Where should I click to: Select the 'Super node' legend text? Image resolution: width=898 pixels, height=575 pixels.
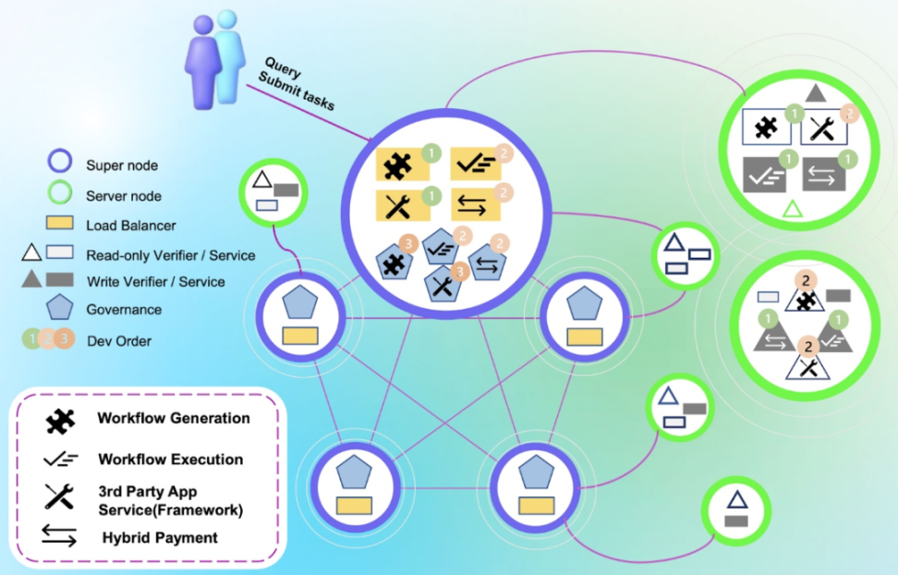point(122,165)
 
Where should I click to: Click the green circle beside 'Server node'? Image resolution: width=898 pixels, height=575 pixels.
point(59,195)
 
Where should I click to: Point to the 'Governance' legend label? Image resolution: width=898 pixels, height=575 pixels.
point(124,310)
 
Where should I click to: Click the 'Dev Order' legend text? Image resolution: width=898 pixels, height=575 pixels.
point(119,340)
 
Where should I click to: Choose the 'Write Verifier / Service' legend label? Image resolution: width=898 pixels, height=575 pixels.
point(154,281)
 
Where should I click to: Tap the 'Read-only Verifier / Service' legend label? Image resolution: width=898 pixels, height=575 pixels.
point(170,254)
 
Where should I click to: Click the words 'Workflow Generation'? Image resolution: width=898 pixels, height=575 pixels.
point(174,418)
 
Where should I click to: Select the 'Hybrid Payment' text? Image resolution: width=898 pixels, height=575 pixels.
point(160,538)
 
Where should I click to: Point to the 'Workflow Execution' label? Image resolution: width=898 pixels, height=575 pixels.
point(171,459)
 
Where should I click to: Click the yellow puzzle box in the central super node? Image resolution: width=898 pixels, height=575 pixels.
point(400,165)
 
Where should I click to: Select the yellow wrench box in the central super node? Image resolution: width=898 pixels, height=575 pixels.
point(400,205)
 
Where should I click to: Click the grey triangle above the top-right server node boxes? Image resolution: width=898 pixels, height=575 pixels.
point(815,93)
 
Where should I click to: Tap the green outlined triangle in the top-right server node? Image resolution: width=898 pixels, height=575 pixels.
point(793,209)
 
